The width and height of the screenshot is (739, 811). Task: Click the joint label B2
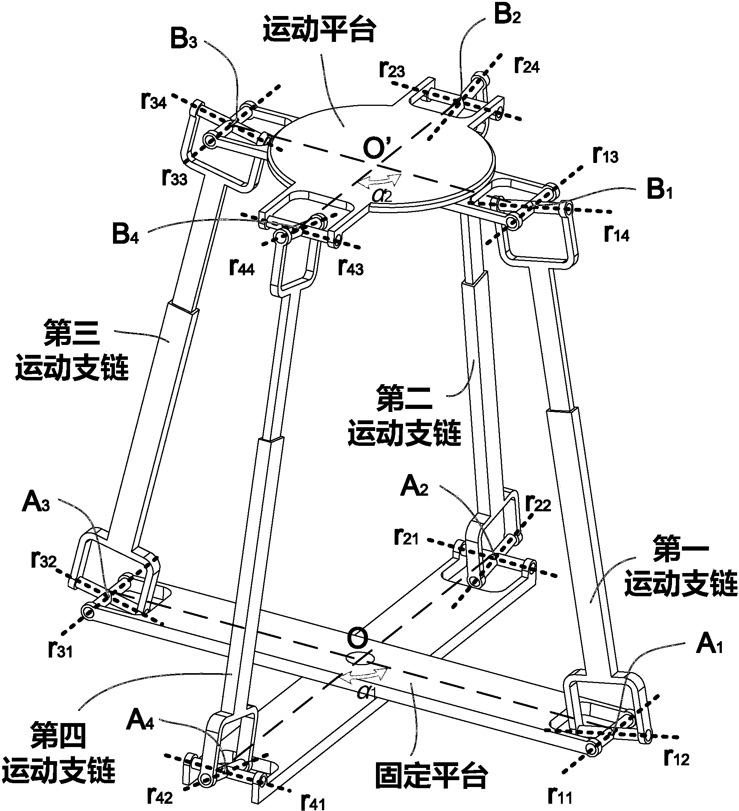coord(507,16)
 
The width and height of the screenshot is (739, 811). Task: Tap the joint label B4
coord(125,235)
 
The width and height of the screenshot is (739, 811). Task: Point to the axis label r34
coord(154,101)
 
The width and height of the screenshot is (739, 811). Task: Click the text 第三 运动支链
coord(72,351)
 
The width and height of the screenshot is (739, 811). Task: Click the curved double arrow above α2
coord(379,181)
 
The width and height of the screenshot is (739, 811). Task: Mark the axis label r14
coord(616,234)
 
